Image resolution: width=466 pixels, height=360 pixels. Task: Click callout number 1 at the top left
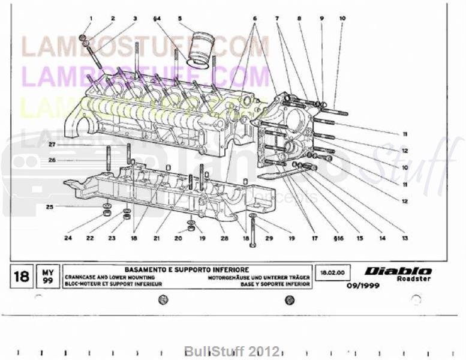pyautogui.click(x=90, y=19)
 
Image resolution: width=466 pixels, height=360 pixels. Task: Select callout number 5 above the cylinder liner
pyautogui.click(x=180, y=19)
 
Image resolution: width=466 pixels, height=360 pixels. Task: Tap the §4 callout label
pyautogui.click(x=157, y=19)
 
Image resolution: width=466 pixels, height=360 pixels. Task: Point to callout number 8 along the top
pyautogui.click(x=299, y=19)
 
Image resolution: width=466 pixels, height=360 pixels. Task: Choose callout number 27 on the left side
pyautogui.click(x=52, y=145)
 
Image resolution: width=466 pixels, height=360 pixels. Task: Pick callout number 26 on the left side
pyautogui.click(x=52, y=160)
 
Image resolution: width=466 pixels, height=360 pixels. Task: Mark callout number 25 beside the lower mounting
pyautogui.click(x=50, y=207)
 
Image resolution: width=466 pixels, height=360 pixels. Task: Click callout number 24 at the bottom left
pyautogui.click(x=68, y=238)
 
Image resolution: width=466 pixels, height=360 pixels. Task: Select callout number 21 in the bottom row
pyautogui.click(x=157, y=238)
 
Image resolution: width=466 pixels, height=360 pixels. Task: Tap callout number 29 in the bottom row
pyautogui.click(x=269, y=238)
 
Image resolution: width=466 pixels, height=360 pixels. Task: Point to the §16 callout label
pyautogui.click(x=338, y=238)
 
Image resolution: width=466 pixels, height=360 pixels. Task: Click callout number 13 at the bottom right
pyautogui.click(x=405, y=238)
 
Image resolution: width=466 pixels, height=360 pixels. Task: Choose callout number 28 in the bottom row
pyautogui.click(x=224, y=238)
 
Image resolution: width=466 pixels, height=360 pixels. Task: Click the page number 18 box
pyautogui.click(x=22, y=277)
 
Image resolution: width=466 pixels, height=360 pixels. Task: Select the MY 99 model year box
pyautogui.click(x=47, y=277)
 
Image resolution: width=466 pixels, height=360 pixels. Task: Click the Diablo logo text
pyautogui.click(x=398, y=271)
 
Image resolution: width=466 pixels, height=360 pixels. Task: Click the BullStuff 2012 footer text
pyautogui.click(x=232, y=350)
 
